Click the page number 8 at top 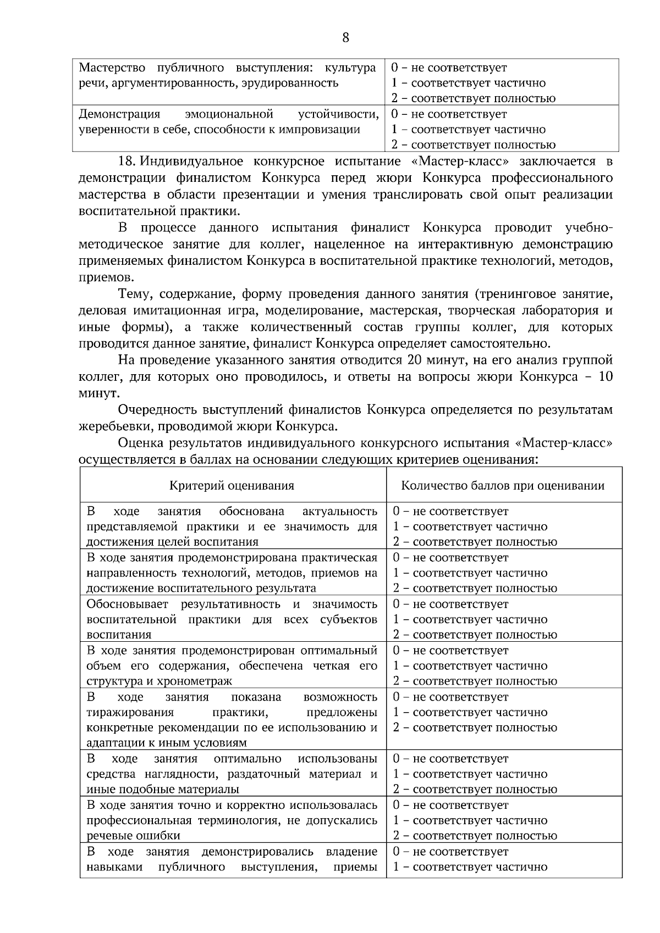345,37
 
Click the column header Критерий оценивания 232,486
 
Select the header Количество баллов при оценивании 503,486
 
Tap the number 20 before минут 414,360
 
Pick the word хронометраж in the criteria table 202,681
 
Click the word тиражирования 130,713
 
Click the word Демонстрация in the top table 119,114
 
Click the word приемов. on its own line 106,277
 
